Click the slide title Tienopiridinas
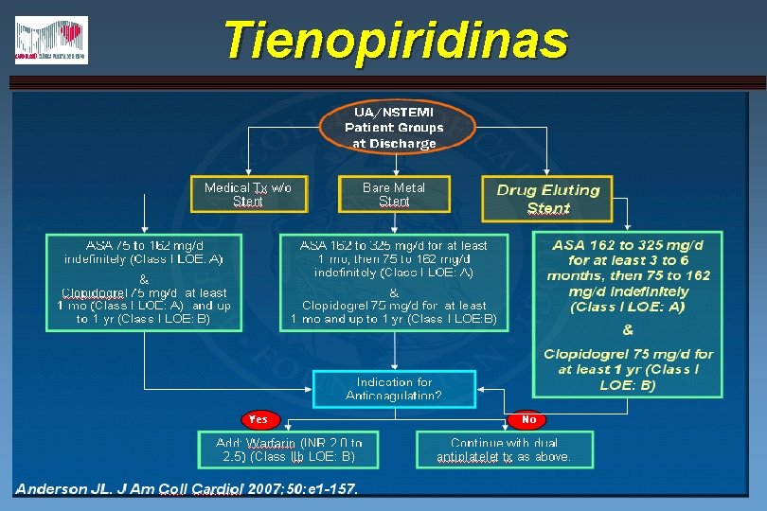[396, 41]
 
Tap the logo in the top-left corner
[51, 41]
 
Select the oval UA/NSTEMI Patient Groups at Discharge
[394, 127]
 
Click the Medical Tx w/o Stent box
[248, 194]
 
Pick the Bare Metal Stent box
[394, 194]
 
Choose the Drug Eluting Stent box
[548, 199]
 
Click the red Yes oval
[258, 418]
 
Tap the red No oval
[528, 418]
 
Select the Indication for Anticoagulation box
[394, 389]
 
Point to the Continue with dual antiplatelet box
[504, 449]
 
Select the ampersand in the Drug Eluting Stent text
[627, 330]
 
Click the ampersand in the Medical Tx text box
[144, 279]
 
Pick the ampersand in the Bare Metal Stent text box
[394, 291]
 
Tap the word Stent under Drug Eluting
[548, 208]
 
